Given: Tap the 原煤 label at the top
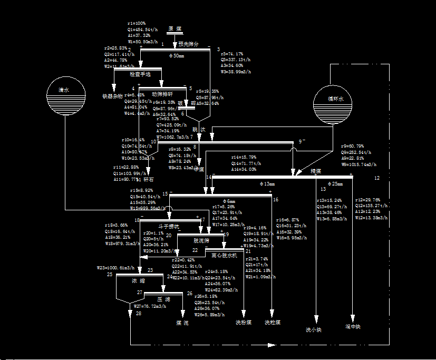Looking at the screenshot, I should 175,28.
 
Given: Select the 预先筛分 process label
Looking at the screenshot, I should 188,44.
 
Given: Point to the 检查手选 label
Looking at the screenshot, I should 140,74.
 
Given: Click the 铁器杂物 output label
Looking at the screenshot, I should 112,96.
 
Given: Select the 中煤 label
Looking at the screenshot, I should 199,169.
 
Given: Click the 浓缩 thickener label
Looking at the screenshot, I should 138,281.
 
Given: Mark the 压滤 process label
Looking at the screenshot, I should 163,299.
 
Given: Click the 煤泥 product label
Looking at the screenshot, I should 182,323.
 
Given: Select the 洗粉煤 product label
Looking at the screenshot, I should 244,322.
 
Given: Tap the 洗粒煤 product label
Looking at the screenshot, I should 273,322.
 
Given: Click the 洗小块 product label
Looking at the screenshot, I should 314,330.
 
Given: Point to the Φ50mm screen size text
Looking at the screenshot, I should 177,55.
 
